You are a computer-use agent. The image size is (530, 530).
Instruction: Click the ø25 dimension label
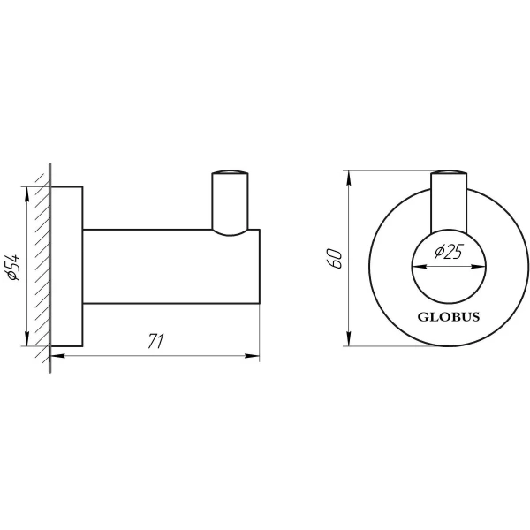450,254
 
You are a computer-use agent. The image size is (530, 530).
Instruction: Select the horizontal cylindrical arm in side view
168,266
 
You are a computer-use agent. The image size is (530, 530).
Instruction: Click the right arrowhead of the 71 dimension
254,356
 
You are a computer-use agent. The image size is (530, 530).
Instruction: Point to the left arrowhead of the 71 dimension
57,356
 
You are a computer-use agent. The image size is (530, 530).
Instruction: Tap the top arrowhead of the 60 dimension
351,174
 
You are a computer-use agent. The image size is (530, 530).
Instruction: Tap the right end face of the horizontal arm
259,266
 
